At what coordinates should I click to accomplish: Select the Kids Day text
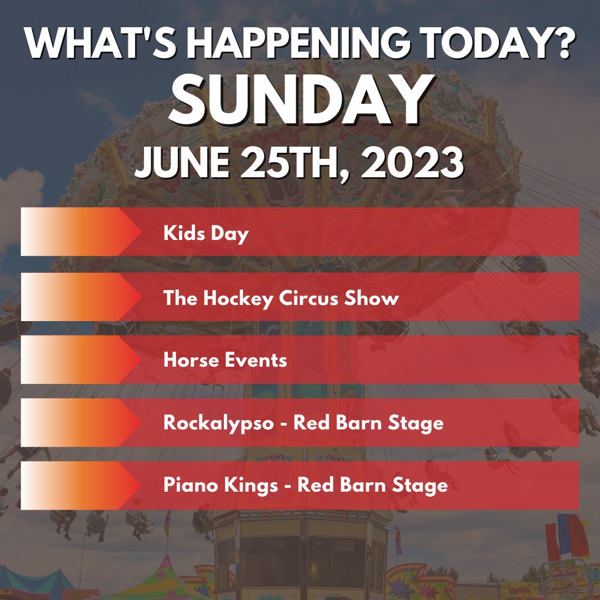206,233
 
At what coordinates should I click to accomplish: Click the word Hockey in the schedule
232,298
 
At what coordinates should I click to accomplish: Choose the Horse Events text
225,360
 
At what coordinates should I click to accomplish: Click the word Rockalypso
218,423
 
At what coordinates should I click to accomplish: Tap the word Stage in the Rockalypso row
417,423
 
